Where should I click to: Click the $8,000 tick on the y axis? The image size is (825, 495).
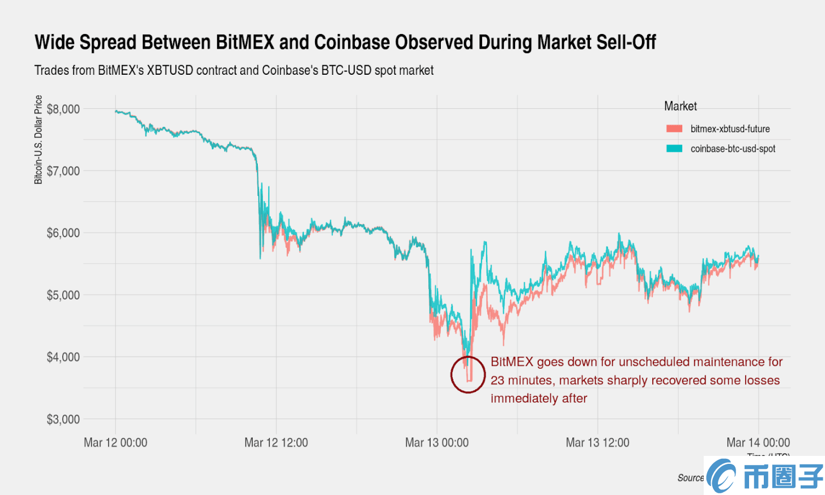pos(63,109)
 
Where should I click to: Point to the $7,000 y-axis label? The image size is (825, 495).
pos(63,171)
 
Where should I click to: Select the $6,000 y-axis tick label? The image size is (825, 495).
pos(63,233)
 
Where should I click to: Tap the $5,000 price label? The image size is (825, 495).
pos(63,295)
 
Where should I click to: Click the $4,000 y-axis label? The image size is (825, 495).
pos(63,357)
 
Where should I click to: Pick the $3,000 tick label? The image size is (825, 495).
pos(63,420)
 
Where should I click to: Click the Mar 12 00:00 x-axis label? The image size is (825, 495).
pos(116,443)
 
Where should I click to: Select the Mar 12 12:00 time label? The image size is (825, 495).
pos(276,443)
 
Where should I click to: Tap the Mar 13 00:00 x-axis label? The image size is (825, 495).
pos(437,443)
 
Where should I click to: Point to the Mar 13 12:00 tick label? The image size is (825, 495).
pos(597,443)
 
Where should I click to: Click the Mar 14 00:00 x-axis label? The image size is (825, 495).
pos(758,443)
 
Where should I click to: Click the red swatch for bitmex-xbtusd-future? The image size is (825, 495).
pos(674,129)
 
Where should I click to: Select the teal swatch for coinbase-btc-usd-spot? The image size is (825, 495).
pos(674,149)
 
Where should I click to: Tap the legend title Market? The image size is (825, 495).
pos(680,106)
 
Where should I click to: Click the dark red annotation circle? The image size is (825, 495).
pos(468,374)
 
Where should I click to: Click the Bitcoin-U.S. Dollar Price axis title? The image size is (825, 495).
pos(39,139)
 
